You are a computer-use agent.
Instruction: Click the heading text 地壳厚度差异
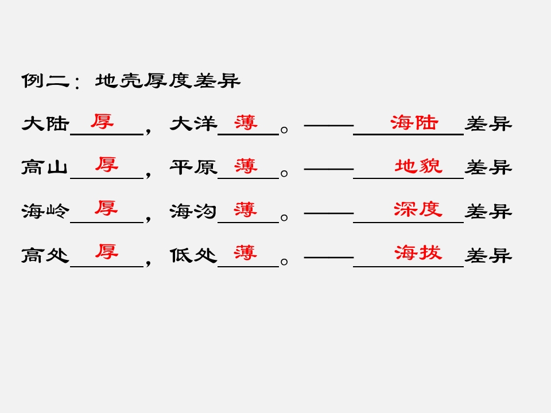168,81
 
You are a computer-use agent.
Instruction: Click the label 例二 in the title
46,81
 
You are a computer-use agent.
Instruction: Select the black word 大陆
45,124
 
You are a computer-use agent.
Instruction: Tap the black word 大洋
193,124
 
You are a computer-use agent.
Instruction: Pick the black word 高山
45,167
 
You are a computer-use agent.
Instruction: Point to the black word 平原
193,167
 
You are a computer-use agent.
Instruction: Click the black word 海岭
45,211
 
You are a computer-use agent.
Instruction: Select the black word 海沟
193,211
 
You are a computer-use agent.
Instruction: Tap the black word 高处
45,255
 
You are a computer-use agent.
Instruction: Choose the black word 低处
193,255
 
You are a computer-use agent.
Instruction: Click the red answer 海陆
414,123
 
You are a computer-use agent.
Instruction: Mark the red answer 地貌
418,166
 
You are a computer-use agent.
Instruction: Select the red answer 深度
418,209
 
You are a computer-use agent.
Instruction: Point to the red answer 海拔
418,252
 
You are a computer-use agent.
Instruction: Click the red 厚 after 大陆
102,122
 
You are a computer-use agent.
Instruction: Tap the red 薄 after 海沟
245,209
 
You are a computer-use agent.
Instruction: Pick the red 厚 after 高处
107,252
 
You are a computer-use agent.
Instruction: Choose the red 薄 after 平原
246,166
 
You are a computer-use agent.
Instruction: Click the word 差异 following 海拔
488,255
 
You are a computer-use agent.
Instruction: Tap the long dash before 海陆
329,126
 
